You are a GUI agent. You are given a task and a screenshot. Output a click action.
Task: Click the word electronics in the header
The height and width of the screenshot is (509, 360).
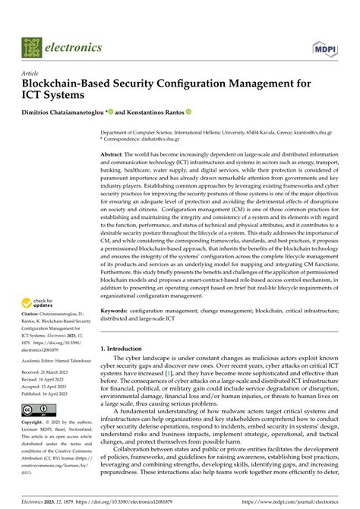coord(74,47)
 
